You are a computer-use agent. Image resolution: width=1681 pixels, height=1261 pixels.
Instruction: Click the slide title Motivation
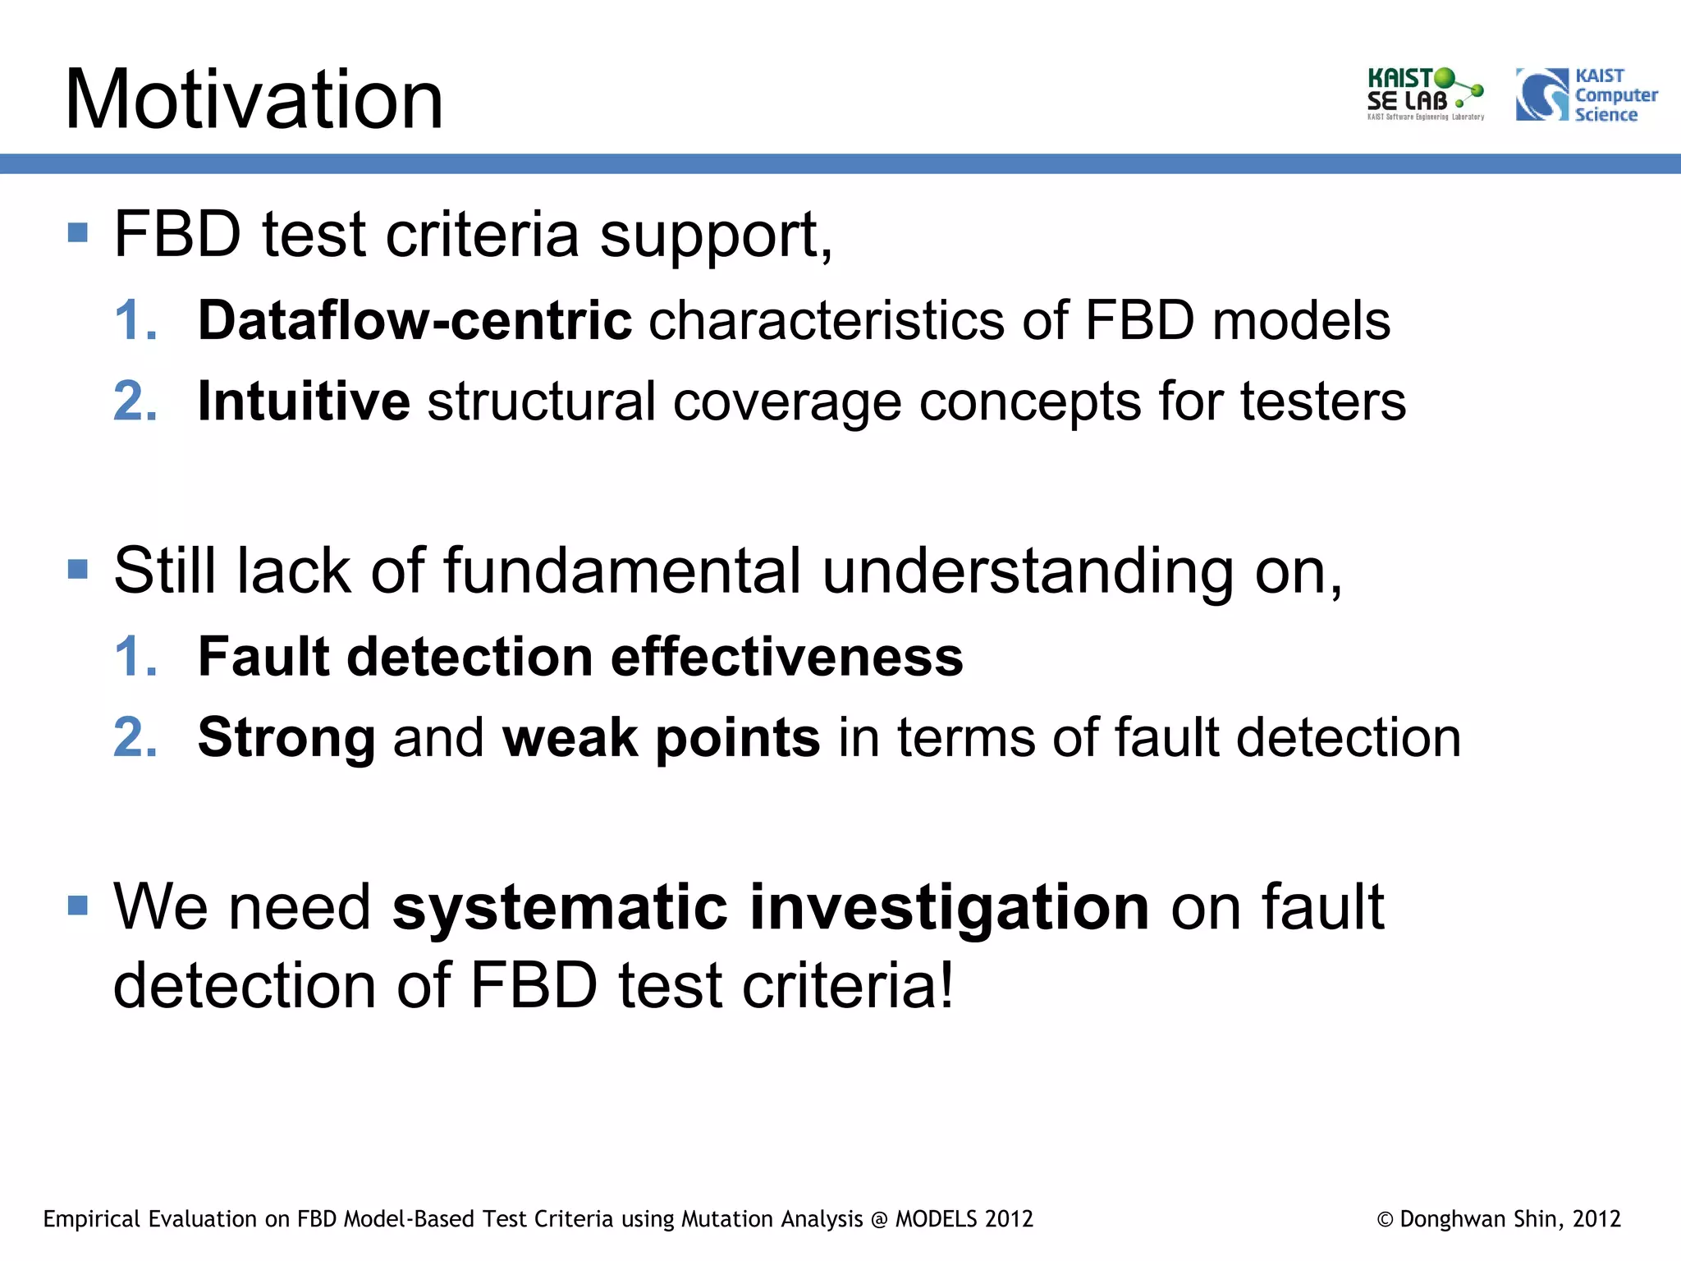(254, 99)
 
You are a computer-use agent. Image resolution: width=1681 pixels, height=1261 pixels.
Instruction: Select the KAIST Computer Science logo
(1586, 95)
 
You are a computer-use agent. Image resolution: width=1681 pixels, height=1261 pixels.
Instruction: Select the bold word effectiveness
(786, 657)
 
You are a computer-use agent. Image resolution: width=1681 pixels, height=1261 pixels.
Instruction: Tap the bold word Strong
(286, 737)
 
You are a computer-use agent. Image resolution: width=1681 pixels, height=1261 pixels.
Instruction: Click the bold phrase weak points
(661, 737)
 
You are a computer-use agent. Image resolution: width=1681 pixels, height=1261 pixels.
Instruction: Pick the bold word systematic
(561, 907)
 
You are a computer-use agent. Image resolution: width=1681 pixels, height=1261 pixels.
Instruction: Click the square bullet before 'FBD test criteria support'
(78, 232)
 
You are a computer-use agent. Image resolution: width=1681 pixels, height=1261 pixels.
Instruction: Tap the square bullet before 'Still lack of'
(78, 569)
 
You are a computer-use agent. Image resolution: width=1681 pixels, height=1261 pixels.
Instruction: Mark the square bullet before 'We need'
(78, 906)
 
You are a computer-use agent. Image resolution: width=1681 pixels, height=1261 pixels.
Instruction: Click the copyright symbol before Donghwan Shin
(1385, 1220)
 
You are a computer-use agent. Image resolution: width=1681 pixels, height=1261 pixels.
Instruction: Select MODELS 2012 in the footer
(964, 1219)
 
